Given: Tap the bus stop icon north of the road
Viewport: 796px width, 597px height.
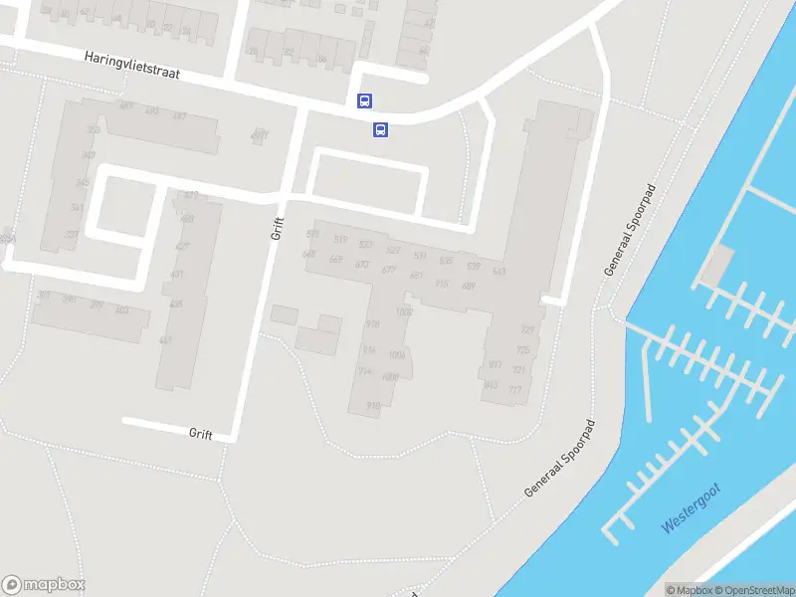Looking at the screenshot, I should click(x=365, y=100).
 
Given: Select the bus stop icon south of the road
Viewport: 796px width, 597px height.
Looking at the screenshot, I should click(x=380, y=129).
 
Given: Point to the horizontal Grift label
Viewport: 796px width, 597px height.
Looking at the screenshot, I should click(x=201, y=433).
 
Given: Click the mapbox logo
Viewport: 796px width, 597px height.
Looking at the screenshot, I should click(x=43, y=584).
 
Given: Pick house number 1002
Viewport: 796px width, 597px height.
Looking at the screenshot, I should click(x=404, y=311).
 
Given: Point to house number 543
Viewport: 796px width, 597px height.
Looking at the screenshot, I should click(x=498, y=271).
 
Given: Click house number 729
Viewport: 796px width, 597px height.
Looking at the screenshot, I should click(x=527, y=330).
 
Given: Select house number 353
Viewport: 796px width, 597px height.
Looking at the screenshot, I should click(x=95, y=130).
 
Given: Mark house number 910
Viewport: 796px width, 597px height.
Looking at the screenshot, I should click(x=374, y=405).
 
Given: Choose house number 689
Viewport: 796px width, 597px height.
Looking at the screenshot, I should click(x=469, y=286).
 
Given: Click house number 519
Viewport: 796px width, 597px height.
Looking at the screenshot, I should click(x=341, y=240).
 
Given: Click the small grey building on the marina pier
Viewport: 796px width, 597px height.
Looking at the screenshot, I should click(x=717, y=265).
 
